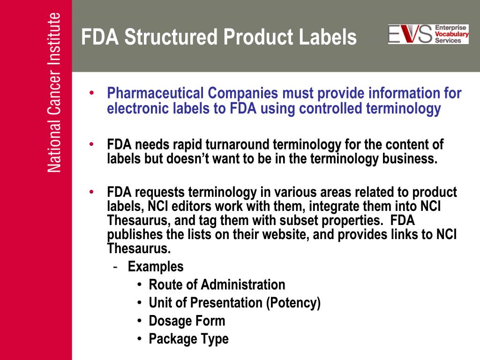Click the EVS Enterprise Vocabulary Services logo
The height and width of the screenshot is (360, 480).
click(x=428, y=34)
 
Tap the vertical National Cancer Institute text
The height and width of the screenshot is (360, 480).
click(x=54, y=93)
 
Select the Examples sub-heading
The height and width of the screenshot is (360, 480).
click(x=156, y=267)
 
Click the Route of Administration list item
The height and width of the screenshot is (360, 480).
click(x=217, y=285)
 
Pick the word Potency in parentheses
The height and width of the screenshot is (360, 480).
click(x=293, y=303)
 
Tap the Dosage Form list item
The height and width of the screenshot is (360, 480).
click(x=187, y=321)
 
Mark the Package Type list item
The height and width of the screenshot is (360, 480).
click(x=188, y=339)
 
